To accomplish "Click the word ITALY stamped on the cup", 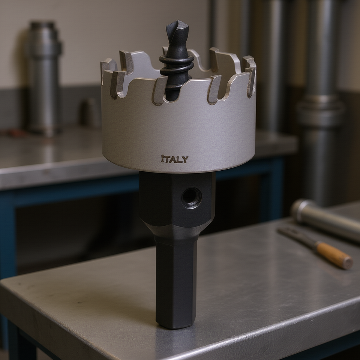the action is [x=175, y=159].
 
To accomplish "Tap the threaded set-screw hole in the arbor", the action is [x=192, y=198].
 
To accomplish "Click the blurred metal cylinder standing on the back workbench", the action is [x=45, y=78].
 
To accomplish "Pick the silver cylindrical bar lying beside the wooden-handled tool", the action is [x=324, y=220].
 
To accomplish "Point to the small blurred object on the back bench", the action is [x=88, y=112].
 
